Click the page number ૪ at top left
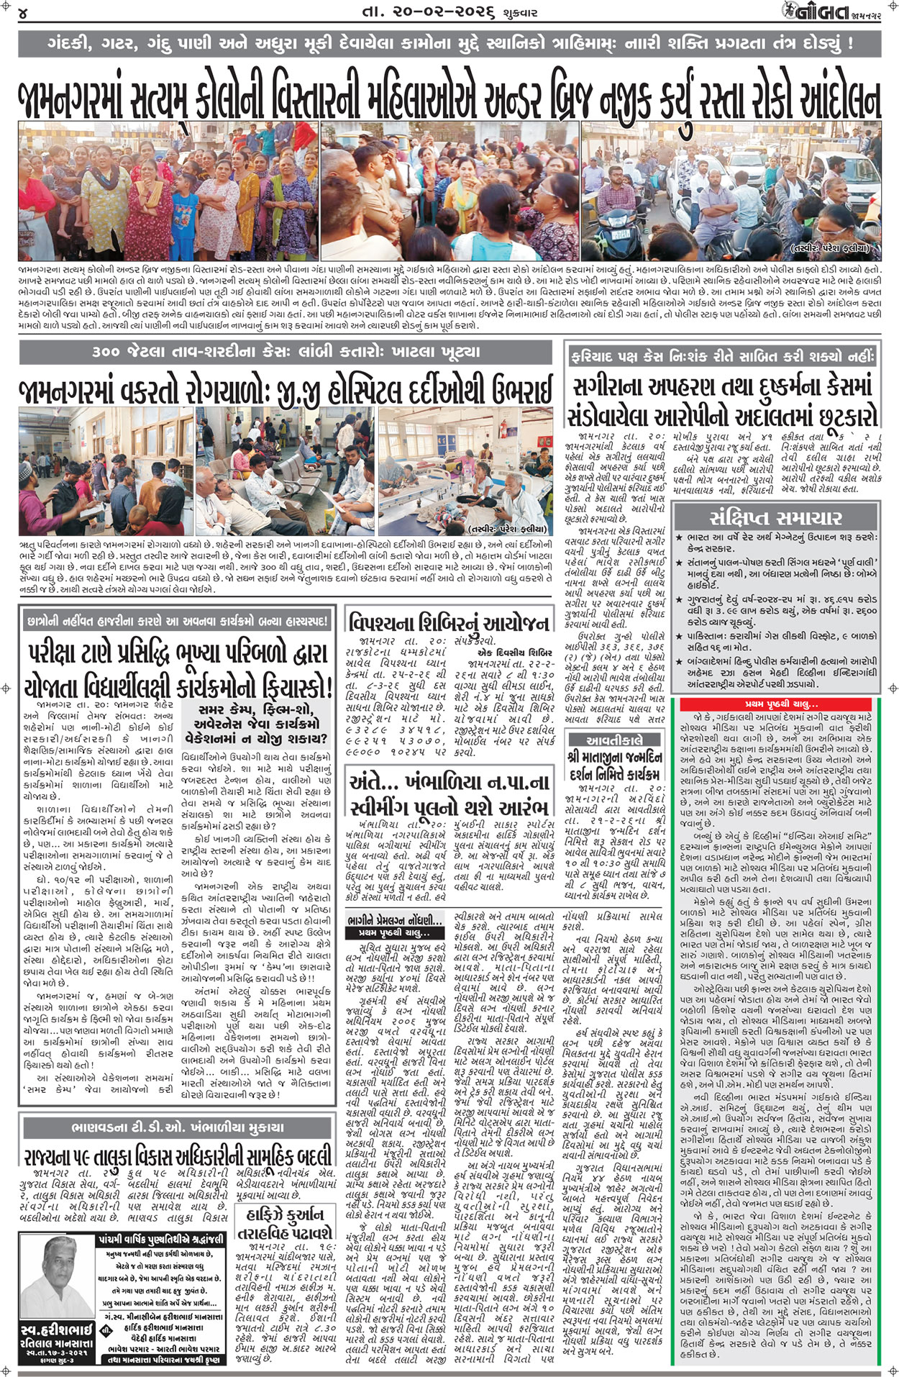(24, 14)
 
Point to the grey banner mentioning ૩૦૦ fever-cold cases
(286, 352)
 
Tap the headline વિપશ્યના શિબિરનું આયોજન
(449, 622)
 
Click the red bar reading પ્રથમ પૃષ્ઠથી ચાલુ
(781, 704)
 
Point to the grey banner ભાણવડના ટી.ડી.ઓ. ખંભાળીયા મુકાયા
(177, 1127)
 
